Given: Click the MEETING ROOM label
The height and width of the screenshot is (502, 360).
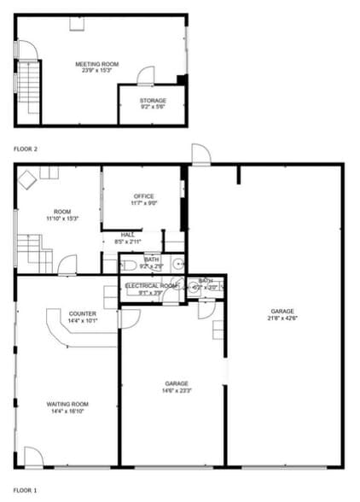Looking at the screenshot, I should tap(96, 64).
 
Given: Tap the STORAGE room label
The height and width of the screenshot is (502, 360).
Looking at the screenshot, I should tap(153, 101).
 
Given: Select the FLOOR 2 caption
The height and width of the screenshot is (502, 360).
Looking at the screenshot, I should tap(26, 149).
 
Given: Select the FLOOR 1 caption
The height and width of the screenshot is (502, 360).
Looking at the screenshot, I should tap(26, 491).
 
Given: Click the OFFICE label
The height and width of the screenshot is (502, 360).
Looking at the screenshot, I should tap(142, 196).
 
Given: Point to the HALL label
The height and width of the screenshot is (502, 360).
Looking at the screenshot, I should tap(127, 234).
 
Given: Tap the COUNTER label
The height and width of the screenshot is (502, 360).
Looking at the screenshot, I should tap(83, 314).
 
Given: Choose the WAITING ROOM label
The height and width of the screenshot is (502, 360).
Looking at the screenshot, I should tap(67, 404).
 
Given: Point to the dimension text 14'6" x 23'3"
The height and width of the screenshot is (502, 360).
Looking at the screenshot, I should tap(177, 391).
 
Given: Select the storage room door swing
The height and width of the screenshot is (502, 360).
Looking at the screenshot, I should tap(146, 76).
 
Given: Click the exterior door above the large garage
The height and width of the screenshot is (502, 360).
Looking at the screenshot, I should tap(200, 155).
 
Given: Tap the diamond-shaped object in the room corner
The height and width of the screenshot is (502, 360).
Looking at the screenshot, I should tap(27, 179).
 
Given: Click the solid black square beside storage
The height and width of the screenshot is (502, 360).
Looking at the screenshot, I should tap(181, 80).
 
